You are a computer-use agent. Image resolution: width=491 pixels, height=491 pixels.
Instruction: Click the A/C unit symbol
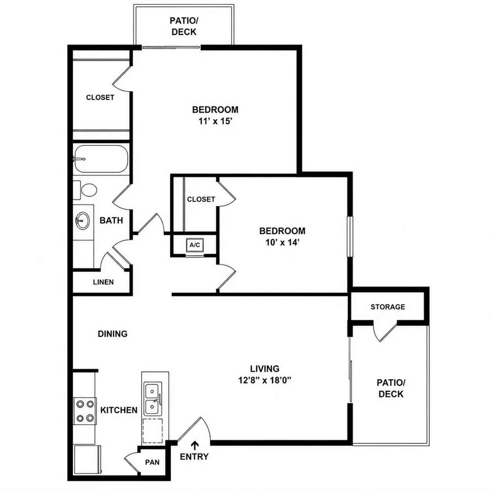point(195,245)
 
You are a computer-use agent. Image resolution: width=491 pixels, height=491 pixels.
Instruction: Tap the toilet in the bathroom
point(85,190)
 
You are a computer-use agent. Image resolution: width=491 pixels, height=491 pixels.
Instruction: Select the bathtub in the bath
point(101,159)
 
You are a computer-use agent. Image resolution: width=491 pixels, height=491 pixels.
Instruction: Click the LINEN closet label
point(103,282)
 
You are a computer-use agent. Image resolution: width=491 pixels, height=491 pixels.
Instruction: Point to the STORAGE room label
point(388,307)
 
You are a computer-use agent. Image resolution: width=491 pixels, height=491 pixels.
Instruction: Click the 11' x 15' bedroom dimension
point(215,121)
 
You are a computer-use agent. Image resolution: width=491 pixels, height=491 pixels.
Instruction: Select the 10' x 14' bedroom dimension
point(282,242)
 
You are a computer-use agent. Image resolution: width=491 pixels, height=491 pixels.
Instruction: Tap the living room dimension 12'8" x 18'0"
point(265,381)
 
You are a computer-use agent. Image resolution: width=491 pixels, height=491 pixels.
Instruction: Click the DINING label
point(113,334)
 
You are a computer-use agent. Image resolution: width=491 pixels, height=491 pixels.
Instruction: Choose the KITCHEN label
point(119,410)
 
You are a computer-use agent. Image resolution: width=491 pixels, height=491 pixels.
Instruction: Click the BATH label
point(111,220)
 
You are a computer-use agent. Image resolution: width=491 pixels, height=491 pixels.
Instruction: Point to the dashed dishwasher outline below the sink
point(153,431)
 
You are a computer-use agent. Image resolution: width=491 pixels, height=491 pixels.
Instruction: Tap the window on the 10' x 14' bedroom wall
point(350,236)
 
